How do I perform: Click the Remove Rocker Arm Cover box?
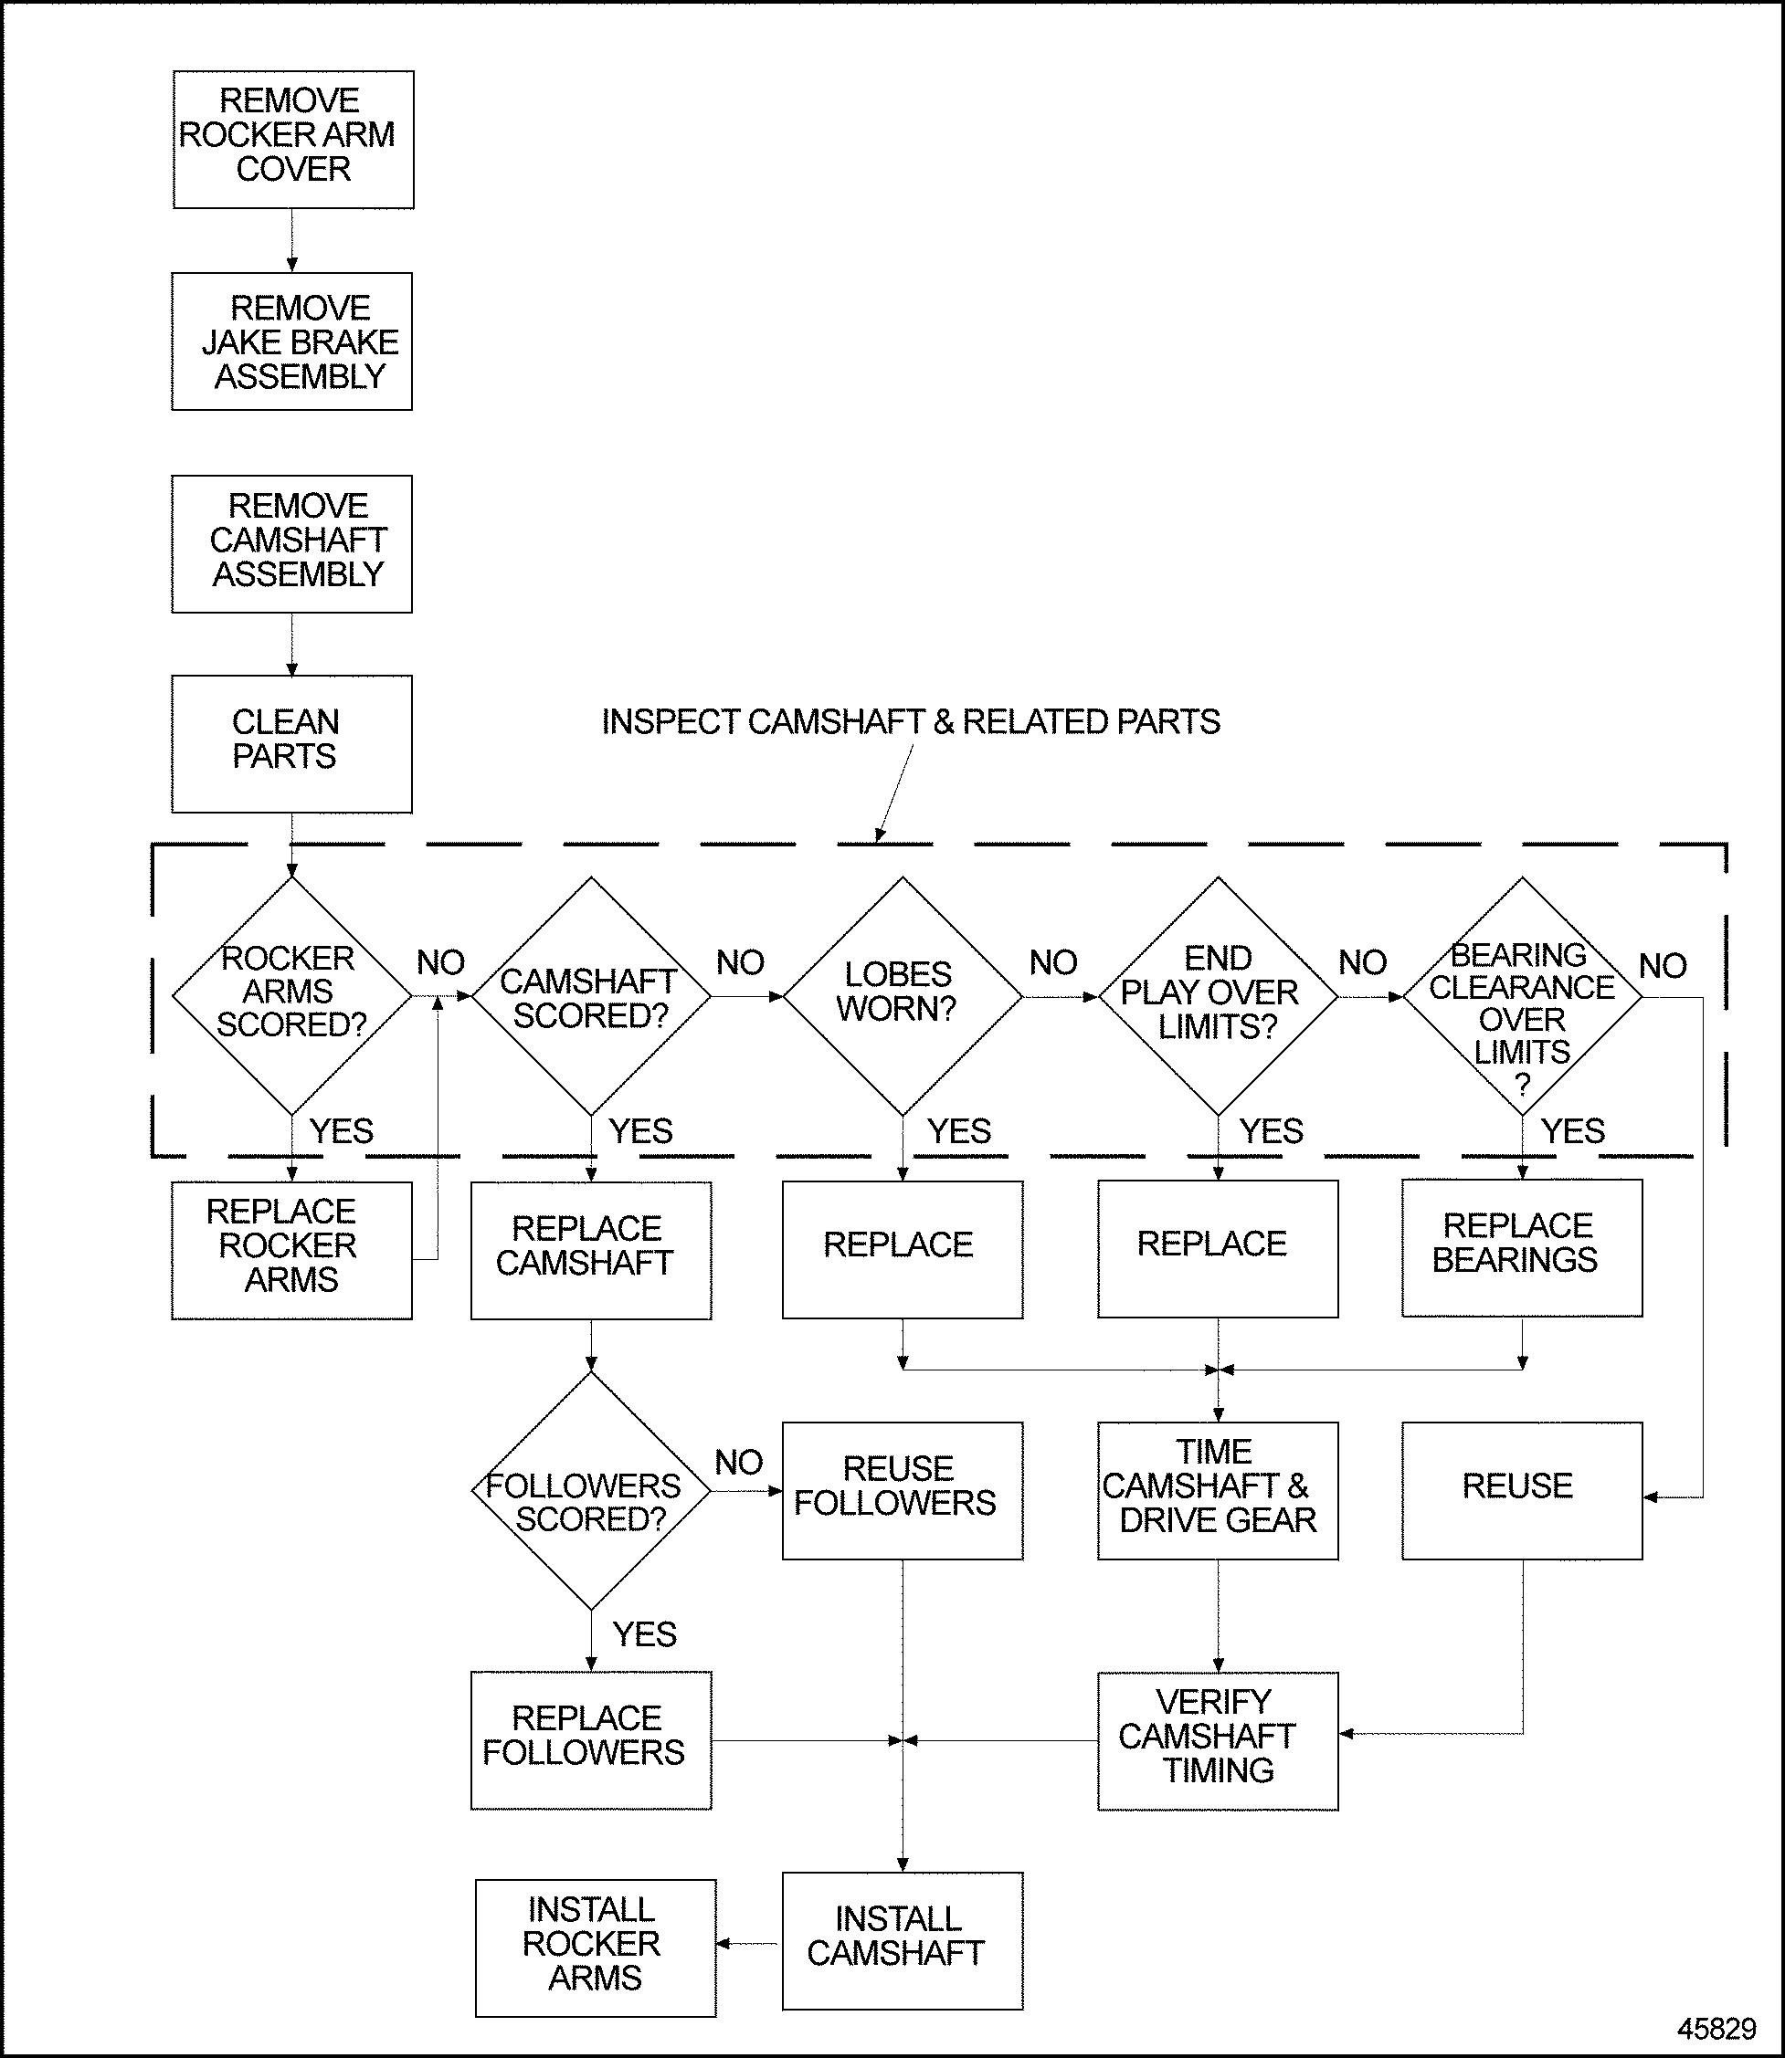[x=293, y=140]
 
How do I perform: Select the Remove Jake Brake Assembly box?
[x=291, y=341]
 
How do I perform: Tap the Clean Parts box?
[x=291, y=744]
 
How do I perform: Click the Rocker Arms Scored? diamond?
[x=291, y=994]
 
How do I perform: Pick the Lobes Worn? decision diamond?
[x=903, y=994]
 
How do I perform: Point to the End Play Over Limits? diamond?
[x=1217, y=994]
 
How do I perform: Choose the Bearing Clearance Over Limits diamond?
[x=1522, y=994]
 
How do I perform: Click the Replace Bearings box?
[x=1521, y=1247]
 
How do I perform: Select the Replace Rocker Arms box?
[x=291, y=1251]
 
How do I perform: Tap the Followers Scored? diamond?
[x=591, y=1490]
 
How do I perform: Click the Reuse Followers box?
[x=903, y=1489]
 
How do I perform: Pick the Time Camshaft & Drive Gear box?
[x=1217, y=1489]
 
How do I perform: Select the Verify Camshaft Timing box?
[x=1217, y=1740]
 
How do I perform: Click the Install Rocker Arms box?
[x=595, y=1948]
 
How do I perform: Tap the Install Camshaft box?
[x=903, y=1940]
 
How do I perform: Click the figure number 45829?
[x=1716, y=2028]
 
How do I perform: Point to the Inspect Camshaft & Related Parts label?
[x=911, y=722]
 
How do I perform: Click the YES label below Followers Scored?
[x=644, y=1633]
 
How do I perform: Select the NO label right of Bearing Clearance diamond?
[x=1663, y=965]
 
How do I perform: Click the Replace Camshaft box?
[x=591, y=1250]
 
